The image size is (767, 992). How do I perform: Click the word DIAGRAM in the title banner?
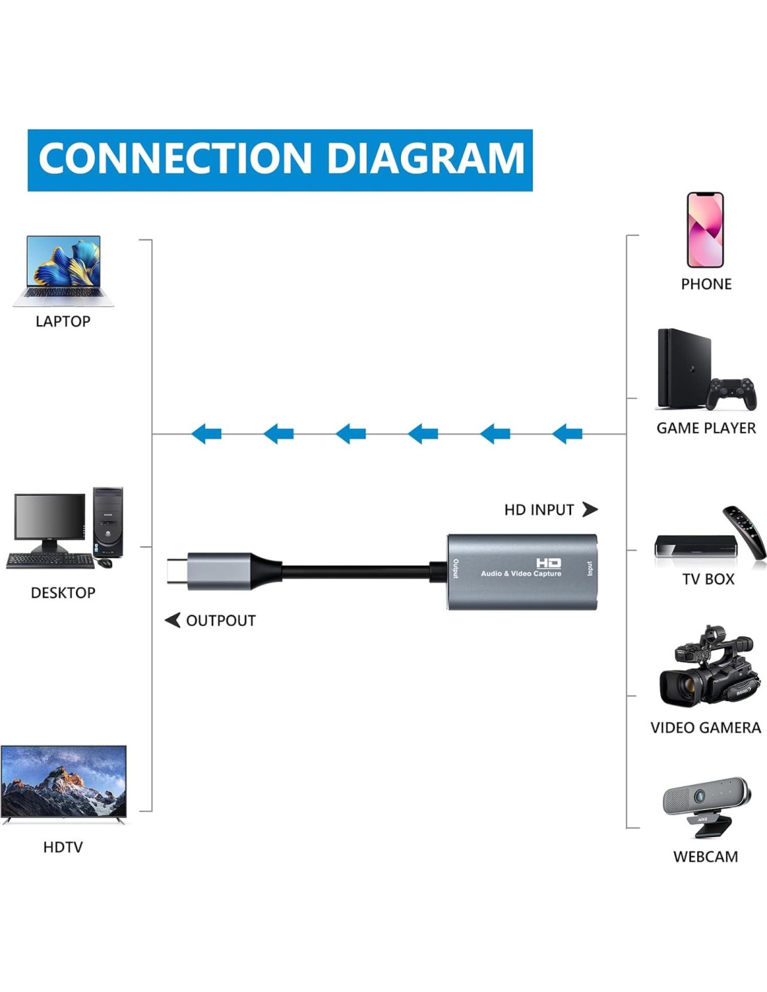pos(425,159)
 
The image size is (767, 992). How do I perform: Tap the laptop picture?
pos(63,271)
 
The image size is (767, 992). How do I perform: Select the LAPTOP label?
pos(63,322)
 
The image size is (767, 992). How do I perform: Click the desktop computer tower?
pos(108,522)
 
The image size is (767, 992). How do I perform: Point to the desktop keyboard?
pos(50,561)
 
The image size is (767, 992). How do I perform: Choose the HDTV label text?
pos(63,848)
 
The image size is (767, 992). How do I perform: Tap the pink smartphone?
pos(705,230)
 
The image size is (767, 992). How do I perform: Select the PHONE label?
pos(706,285)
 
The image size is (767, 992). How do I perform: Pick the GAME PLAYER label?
pos(706,428)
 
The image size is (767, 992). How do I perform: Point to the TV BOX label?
pos(708,580)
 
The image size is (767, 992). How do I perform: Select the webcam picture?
pos(706,805)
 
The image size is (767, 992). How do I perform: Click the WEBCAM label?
pos(705,857)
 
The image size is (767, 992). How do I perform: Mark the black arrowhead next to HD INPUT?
pos(590,509)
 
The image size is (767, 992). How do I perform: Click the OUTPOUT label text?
pos(220,621)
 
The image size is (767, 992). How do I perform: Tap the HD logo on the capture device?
pos(548,563)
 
